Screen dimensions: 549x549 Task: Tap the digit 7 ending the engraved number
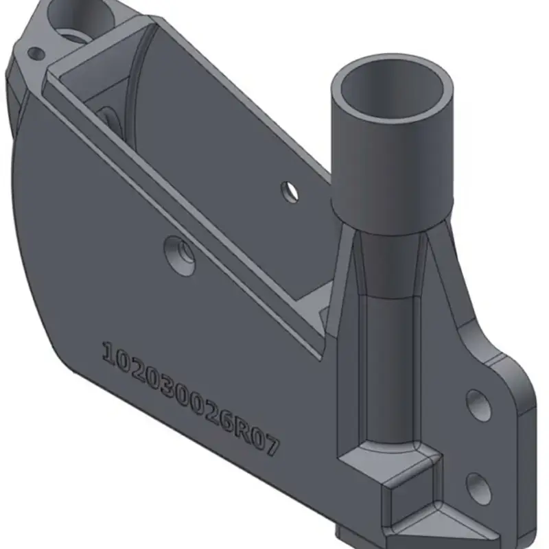pos(270,445)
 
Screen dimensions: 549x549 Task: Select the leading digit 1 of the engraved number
pos(109,353)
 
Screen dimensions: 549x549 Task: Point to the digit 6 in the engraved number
pos(226,421)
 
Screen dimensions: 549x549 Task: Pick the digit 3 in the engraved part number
pos(165,386)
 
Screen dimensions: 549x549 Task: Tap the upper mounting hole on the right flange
pos(478,404)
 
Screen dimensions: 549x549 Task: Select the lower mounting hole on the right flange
pos(479,489)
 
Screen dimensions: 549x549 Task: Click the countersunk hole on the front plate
pos(180,256)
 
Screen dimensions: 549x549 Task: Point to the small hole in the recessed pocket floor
pos(290,192)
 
